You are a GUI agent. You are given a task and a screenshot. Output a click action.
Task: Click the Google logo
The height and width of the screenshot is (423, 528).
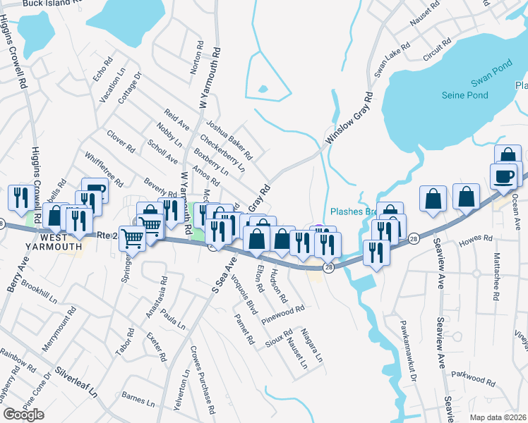point(23,415)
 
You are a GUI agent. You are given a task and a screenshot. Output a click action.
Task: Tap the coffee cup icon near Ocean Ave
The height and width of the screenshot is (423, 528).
point(504,176)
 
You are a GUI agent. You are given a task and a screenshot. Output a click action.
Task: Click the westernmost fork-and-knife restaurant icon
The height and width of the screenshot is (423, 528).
point(19,197)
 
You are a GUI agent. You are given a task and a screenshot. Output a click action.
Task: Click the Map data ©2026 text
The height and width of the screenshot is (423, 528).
point(498,417)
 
